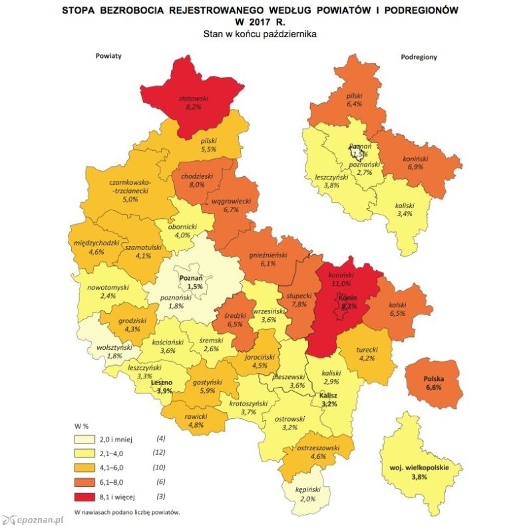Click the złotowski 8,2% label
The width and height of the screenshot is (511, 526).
[x=195, y=102]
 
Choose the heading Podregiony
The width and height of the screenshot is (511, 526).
[x=419, y=57]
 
